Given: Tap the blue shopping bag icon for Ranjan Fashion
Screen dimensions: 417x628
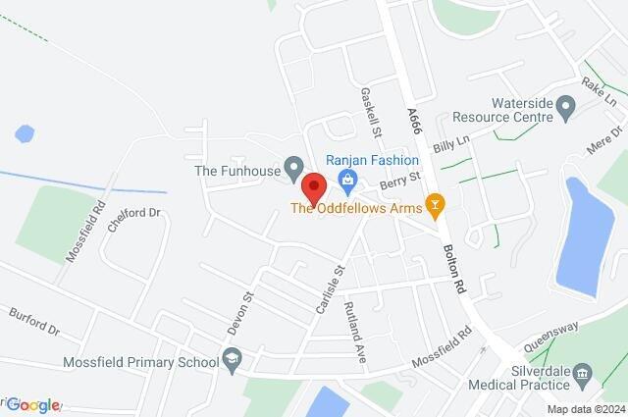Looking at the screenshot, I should click(x=345, y=179).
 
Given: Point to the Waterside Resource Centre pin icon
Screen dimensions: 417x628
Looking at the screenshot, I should click(x=564, y=105).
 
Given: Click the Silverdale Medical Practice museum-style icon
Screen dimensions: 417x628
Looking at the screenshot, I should click(x=581, y=373).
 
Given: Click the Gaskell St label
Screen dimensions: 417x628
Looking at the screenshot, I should click(x=371, y=112).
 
